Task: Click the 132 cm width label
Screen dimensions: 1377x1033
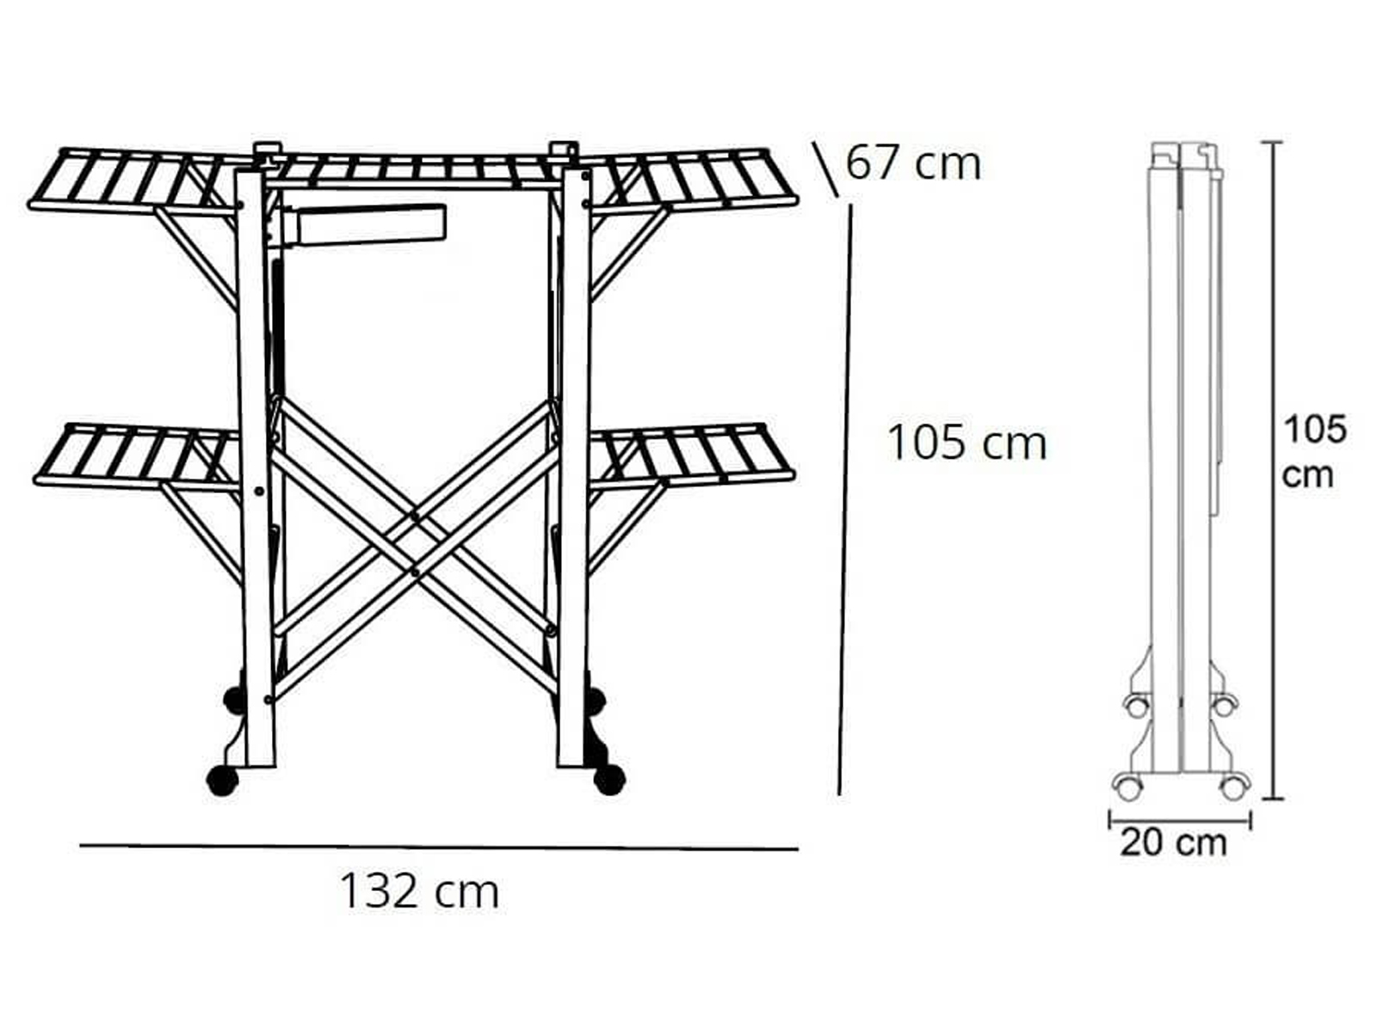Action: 419,891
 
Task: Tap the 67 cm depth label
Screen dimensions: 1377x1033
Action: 913,164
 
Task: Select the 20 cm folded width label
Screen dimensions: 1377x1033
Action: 1173,843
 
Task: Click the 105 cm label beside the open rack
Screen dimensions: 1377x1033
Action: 966,442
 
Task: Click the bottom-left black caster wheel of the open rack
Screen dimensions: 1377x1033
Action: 223,781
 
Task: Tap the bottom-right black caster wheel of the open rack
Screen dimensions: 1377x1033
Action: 609,780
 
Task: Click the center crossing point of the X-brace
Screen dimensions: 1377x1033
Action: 414,544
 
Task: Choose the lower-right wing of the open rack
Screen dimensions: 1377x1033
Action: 690,455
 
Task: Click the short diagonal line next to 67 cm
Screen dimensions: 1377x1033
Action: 825,169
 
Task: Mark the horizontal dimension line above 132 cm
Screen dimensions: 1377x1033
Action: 439,847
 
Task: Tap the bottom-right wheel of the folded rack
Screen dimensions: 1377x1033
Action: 1232,787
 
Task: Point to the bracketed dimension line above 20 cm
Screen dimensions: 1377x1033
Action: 1180,819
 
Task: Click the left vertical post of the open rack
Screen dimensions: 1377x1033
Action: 255,467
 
